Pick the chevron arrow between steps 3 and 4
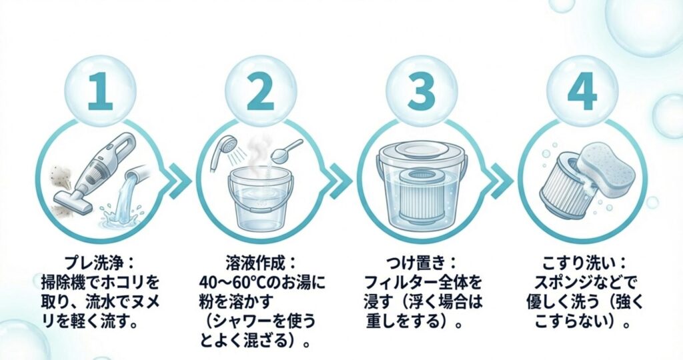(x=500, y=181)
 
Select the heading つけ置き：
(x=421, y=258)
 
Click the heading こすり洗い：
(x=581, y=258)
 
